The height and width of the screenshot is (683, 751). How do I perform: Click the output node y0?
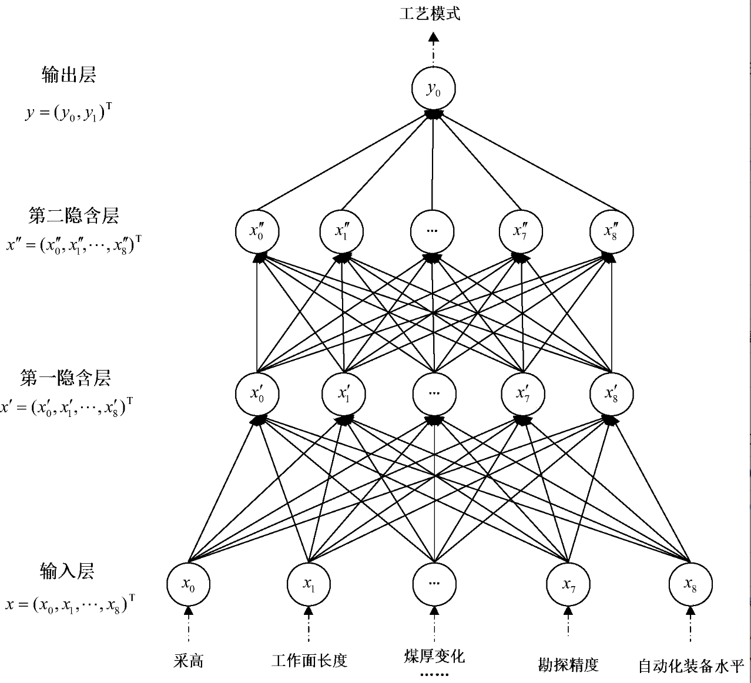tap(433, 89)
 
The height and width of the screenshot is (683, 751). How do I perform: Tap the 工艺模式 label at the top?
tap(430, 14)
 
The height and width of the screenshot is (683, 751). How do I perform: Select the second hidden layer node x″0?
tap(257, 231)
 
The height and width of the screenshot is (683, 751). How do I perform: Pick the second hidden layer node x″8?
tap(611, 231)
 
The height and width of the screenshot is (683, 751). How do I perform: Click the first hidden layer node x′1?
tap(344, 393)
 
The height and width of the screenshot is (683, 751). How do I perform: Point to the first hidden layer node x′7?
tap(522, 393)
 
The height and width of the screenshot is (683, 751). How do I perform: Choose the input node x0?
tap(188, 584)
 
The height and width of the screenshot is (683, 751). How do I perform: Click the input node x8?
tap(690, 584)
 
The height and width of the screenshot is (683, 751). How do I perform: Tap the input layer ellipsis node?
tap(434, 584)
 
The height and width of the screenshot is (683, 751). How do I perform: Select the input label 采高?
tap(189, 661)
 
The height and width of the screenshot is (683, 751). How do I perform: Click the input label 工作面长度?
tap(309, 661)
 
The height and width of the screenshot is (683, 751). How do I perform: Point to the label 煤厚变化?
tap(434, 656)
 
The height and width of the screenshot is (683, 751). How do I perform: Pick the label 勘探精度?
tap(568, 664)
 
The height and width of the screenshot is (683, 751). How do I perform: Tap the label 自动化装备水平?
tap(691, 665)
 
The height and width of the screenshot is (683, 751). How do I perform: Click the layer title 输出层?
tap(69, 75)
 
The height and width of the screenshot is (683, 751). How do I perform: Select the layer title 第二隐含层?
tap(73, 216)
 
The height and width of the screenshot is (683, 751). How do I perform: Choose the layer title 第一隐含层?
tap(65, 378)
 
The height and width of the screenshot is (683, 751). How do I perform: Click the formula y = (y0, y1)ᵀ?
tap(68, 112)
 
